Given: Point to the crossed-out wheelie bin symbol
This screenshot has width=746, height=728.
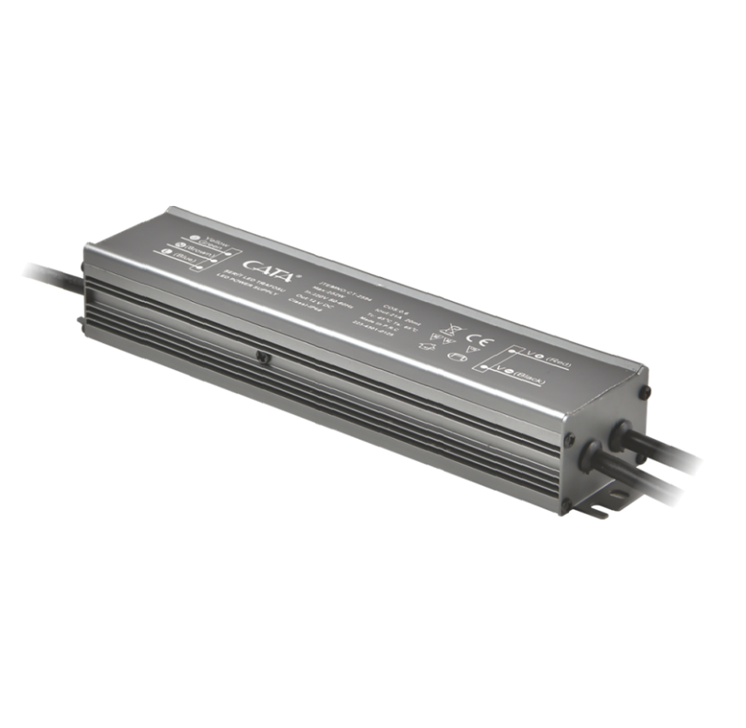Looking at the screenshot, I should pyautogui.click(x=445, y=328).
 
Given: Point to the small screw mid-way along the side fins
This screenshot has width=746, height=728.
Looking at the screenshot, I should pyautogui.click(x=263, y=359).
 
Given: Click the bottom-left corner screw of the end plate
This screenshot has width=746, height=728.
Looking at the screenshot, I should pyautogui.click(x=566, y=506).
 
